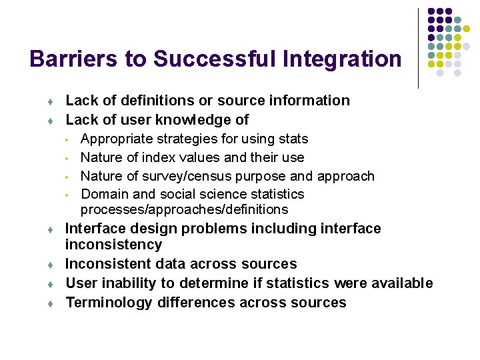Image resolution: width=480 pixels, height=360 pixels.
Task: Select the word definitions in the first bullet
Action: coord(154,101)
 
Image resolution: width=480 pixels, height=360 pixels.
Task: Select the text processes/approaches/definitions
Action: coord(184,210)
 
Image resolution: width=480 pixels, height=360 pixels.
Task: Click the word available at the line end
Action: coord(401,283)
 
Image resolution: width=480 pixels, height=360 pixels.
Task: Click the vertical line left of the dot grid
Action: coord(419,48)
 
